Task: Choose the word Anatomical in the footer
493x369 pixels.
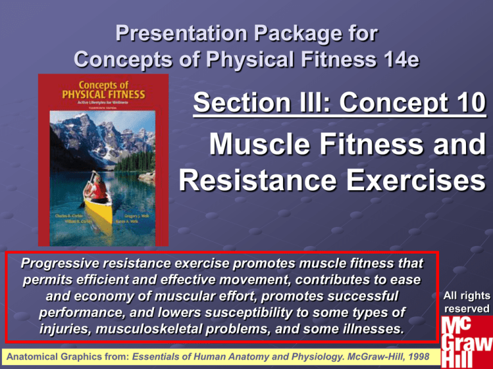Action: [x=33, y=356]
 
